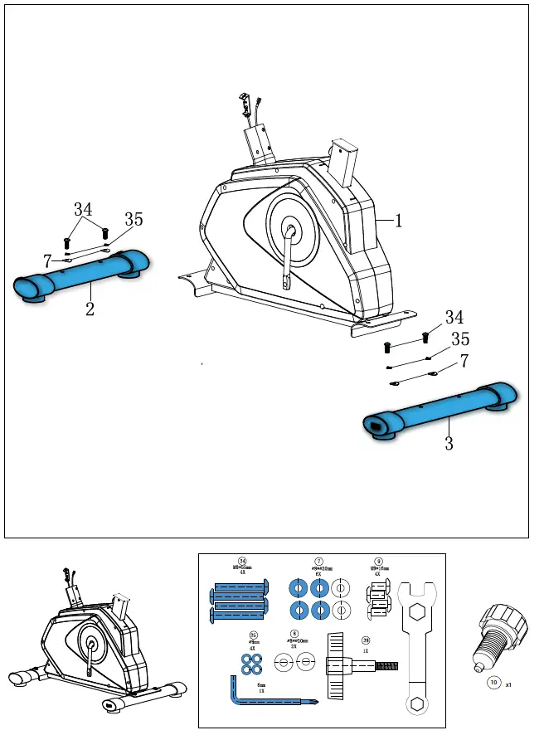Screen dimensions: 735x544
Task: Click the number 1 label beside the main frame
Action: coord(399,221)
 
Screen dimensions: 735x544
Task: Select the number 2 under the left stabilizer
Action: coord(90,310)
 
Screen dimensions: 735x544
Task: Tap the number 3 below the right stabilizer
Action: coord(449,443)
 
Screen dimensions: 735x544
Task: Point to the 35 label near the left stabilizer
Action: coord(134,220)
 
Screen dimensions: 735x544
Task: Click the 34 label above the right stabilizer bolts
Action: coord(454,317)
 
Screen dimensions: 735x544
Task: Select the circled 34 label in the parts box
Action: coord(242,561)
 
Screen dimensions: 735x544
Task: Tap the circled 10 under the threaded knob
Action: coord(493,684)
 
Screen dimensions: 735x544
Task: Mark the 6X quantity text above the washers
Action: coord(318,573)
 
